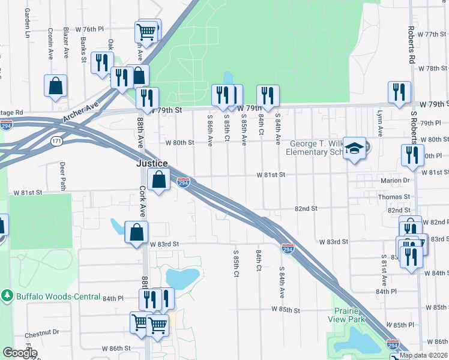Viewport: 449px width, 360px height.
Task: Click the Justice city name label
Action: point(151,163)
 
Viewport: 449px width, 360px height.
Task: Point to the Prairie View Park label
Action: point(351,315)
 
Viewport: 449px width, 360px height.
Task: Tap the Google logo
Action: point(20,353)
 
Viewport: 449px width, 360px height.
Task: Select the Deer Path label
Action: point(62,175)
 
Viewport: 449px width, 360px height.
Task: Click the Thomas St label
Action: point(394,196)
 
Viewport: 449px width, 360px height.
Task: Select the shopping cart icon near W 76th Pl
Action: point(147,31)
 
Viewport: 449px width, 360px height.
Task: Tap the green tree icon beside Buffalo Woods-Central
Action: point(7,295)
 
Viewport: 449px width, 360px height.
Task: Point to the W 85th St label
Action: point(285,310)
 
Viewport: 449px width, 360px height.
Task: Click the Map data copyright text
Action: point(423,355)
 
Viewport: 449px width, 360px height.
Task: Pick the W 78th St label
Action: point(433,68)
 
